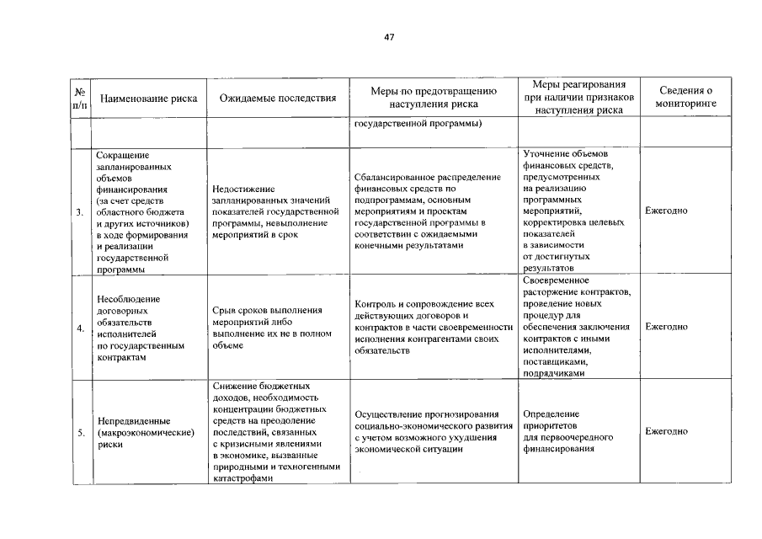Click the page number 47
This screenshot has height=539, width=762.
pyautogui.click(x=389, y=37)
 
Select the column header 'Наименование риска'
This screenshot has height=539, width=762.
pyautogui.click(x=148, y=99)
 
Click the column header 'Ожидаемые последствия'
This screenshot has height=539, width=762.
pyautogui.click(x=277, y=99)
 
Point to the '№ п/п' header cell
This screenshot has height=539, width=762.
pyautogui.click(x=80, y=98)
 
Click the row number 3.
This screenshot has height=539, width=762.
pyautogui.click(x=80, y=211)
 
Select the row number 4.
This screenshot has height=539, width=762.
pyautogui.click(x=80, y=328)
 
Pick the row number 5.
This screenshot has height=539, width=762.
pyautogui.click(x=80, y=432)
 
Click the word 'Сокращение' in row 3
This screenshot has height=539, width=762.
pyautogui.click(x=123, y=155)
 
